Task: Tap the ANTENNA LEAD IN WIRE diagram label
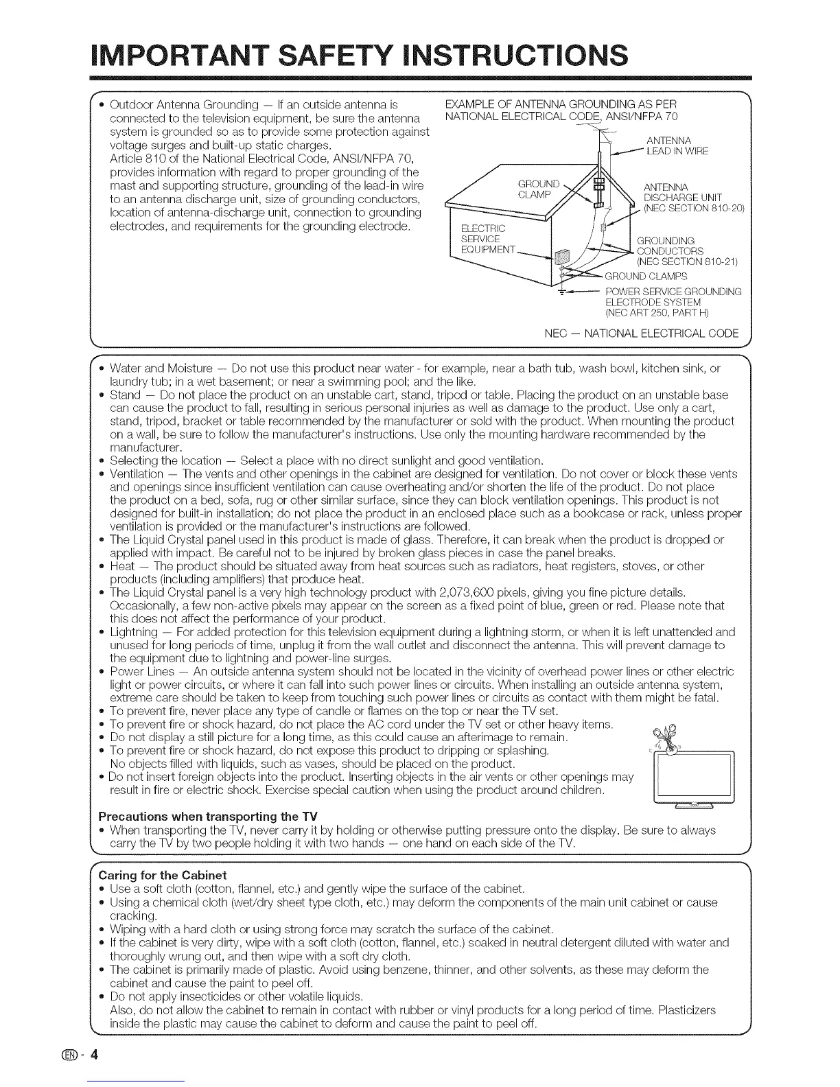pyautogui.click(x=677, y=146)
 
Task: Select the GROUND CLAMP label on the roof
pyautogui.click(x=539, y=188)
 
